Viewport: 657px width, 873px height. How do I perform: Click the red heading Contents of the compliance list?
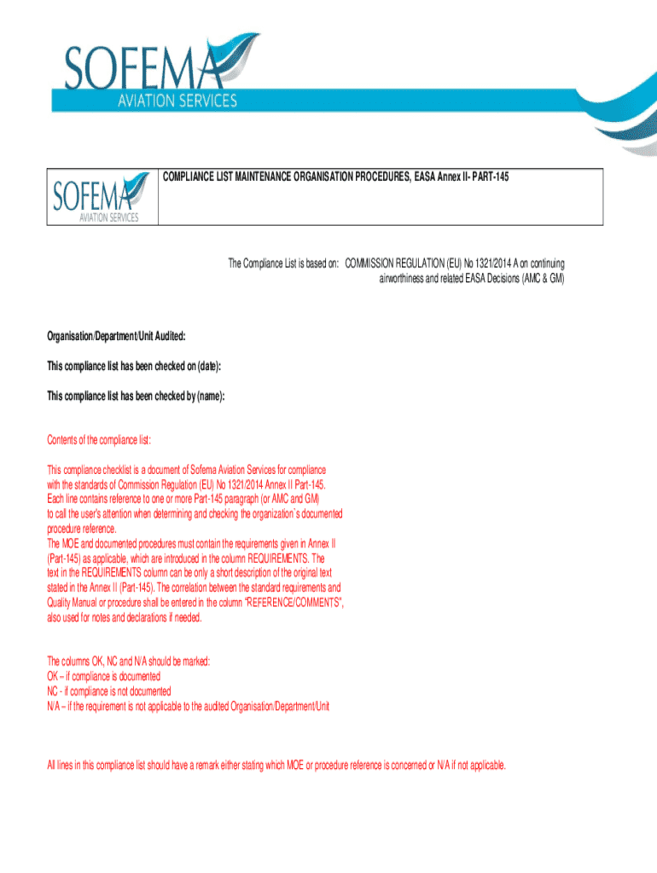(99, 440)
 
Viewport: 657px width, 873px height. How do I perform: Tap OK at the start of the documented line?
(53, 676)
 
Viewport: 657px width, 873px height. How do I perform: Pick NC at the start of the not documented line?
(53, 691)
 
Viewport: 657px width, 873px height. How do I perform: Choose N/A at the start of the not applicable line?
(55, 707)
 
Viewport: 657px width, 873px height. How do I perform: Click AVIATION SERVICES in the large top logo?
(177, 101)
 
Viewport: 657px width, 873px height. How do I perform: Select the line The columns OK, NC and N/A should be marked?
(128, 661)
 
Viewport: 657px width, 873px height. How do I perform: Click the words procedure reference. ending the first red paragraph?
(80, 528)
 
